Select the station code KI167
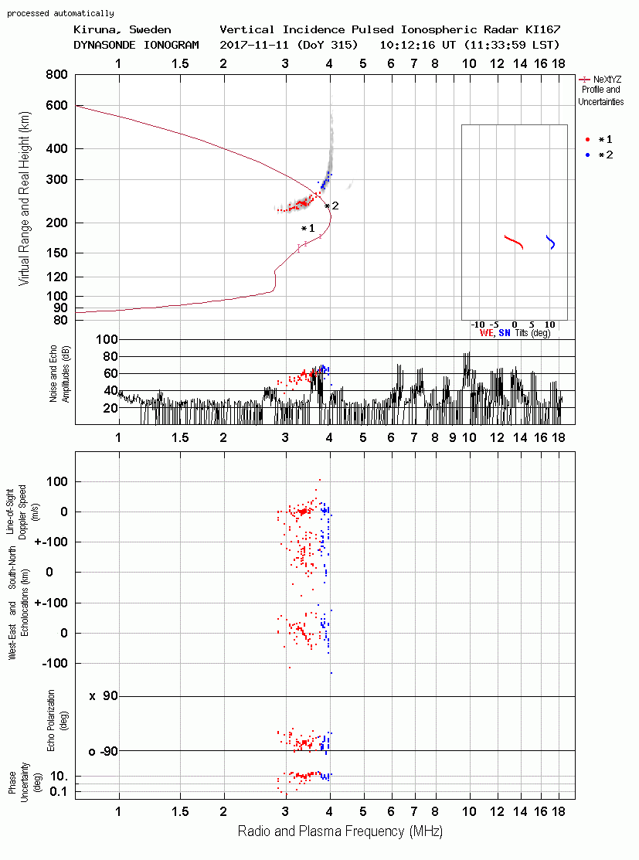543,29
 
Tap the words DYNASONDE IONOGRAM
136,45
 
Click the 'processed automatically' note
60,13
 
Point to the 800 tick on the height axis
56,75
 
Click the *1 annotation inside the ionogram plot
308,228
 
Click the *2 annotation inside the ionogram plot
331,206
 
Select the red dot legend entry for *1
587,140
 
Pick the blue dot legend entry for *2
587,155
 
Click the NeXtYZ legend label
607,80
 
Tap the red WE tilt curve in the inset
514,241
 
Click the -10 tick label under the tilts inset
478,325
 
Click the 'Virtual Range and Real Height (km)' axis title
24,199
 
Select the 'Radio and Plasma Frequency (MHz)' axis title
340,831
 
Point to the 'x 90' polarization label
104,696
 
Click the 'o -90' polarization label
104,751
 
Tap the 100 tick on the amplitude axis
107,339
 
